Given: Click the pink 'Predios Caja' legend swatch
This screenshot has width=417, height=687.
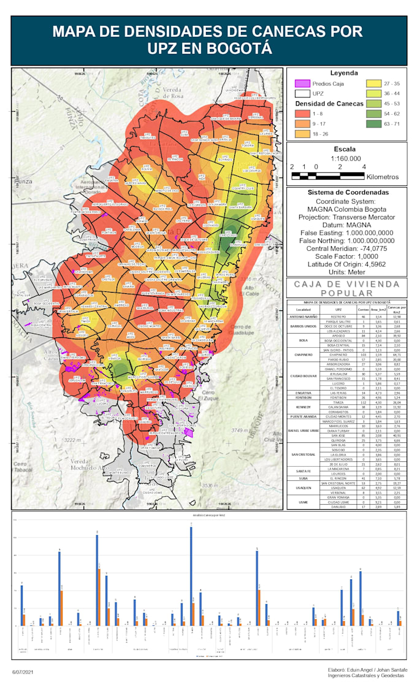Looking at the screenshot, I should coord(301,83).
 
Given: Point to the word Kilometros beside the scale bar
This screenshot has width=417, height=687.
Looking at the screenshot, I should coord(383,177).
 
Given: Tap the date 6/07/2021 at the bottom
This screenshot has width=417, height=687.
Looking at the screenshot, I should coord(24,673).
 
